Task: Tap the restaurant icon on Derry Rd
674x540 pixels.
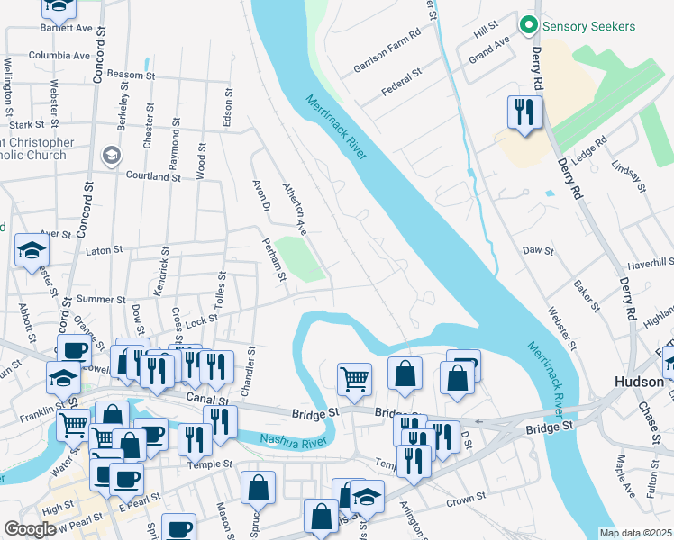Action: [x=524, y=112]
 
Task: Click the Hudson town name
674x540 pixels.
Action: [x=640, y=382]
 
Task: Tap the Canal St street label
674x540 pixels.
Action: [x=204, y=397]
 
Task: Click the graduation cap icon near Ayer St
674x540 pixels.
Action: [x=32, y=249]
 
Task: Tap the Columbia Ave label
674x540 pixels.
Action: [x=59, y=56]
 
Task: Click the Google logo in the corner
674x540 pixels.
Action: [x=30, y=529]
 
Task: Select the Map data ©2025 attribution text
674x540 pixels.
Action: [x=636, y=533]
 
